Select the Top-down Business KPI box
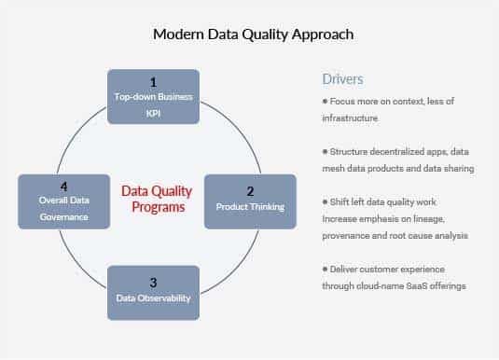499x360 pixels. [x=154, y=96]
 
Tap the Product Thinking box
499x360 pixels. [x=249, y=201]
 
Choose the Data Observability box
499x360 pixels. [x=154, y=292]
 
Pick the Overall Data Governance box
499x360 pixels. [x=64, y=201]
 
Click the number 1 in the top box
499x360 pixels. [x=154, y=82]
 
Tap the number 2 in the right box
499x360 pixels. [x=249, y=189]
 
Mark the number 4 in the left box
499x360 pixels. [x=64, y=187]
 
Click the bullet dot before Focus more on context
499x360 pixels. [x=325, y=101]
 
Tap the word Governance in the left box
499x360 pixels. [x=64, y=216]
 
